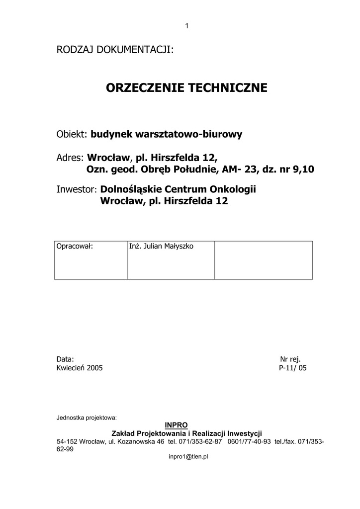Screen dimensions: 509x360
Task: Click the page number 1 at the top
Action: pyautogui.click(x=186, y=26)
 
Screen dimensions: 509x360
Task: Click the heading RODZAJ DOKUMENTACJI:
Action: pyautogui.click(x=115, y=50)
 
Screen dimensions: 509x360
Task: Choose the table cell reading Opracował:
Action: pyautogui.click(x=75, y=247)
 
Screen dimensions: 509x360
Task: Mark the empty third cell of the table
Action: pyautogui.click(x=263, y=260)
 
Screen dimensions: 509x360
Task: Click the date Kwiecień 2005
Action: pyautogui.click(x=80, y=368)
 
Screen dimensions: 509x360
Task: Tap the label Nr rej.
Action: pyautogui.click(x=290, y=359)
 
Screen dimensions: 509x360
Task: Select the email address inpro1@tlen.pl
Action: pyautogui.click(x=188, y=456)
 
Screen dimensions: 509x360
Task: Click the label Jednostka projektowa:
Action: pyautogui.click(x=87, y=417)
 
